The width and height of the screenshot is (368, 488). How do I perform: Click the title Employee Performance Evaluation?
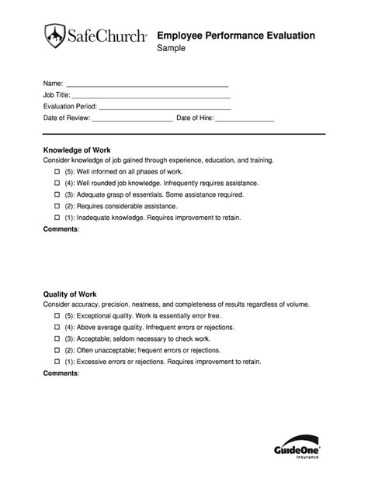[x=236, y=35]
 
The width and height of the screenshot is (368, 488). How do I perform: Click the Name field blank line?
[x=148, y=84]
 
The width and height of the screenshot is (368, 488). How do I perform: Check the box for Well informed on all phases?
[x=57, y=171]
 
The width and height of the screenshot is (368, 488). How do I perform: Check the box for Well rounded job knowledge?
[x=57, y=183]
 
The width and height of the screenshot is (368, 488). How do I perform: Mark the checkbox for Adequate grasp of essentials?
[x=57, y=195]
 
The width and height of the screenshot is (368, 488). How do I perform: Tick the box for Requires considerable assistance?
[x=57, y=207]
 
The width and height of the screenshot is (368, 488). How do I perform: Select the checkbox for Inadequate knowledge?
[x=57, y=219]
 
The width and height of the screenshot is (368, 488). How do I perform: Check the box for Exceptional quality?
[x=57, y=317]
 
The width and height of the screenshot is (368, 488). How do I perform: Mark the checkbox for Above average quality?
[x=57, y=328]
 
